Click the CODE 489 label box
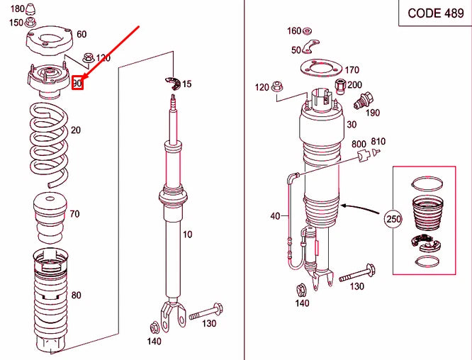coord(435,13)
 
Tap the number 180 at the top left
coord(18,9)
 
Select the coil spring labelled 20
coord(49,145)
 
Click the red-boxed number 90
coord(77,83)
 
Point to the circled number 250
coord(393,219)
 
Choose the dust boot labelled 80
coord(50,300)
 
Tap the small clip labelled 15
coord(173,84)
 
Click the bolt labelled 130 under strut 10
coord(206,313)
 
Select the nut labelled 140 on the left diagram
coord(154,327)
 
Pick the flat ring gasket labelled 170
coord(321,69)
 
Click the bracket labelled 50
coord(310,47)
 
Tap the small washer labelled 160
coord(307,30)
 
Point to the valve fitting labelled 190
coord(364,101)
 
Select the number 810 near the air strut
coord(378,141)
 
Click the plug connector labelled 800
coord(364,155)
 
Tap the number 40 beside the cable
coord(275,216)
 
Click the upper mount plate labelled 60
coord(50,40)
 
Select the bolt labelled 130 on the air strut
coord(357,273)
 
